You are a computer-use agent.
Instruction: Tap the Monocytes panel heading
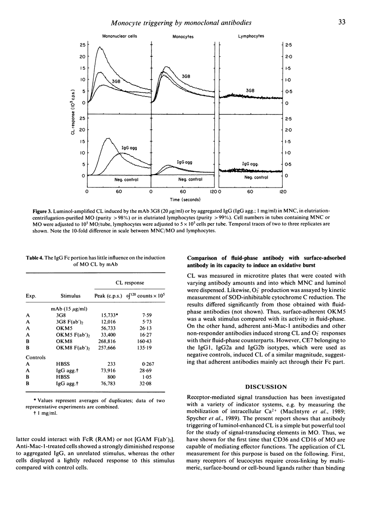(x=182, y=36)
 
